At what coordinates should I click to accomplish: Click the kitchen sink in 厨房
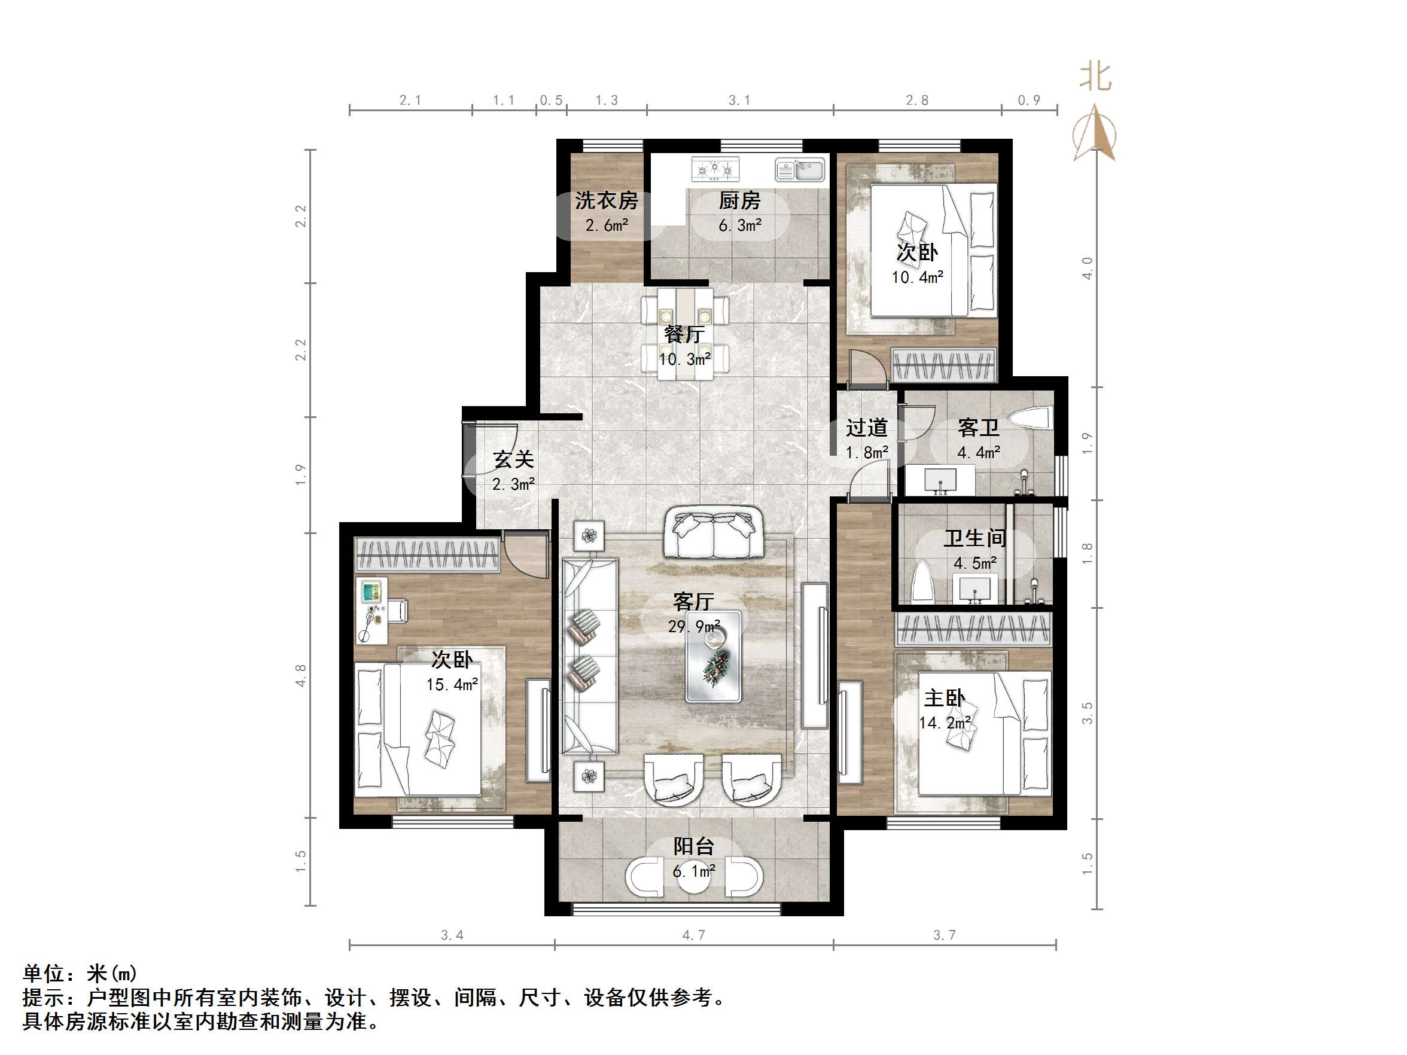pyautogui.click(x=800, y=170)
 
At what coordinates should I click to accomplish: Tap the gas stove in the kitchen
pyautogui.click(x=715, y=169)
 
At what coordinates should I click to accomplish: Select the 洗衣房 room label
pyautogui.click(x=606, y=201)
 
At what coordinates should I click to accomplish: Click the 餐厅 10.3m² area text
pyautogui.click(x=684, y=359)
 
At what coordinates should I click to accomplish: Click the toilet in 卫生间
pyautogui.click(x=922, y=582)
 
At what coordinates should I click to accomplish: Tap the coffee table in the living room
pyautogui.click(x=713, y=656)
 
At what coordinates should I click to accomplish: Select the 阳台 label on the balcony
pyautogui.click(x=693, y=846)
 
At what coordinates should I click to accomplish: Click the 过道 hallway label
pyautogui.click(x=866, y=428)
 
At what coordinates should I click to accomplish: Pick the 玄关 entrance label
pyautogui.click(x=513, y=460)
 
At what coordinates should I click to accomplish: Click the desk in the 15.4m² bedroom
pyautogui.click(x=371, y=611)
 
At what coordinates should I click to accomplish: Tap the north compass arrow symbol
pyautogui.click(x=1094, y=133)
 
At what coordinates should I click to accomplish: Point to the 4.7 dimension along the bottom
pyautogui.click(x=693, y=935)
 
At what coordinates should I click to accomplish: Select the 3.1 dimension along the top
pyautogui.click(x=739, y=100)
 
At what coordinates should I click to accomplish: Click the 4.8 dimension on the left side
pyautogui.click(x=301, y=675)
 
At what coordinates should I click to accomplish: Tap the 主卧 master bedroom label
pyautogui.click(x=945, y=698)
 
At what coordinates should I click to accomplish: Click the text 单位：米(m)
pyautogui.click(x=80, y=973)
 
